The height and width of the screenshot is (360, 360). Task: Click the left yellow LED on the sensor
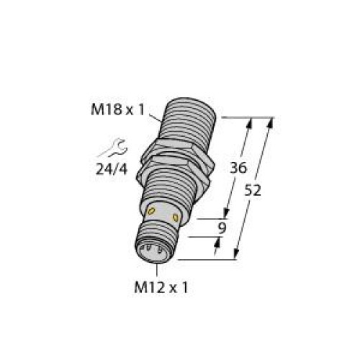(152, 209)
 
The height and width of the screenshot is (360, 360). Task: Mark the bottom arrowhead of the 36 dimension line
(228, 213)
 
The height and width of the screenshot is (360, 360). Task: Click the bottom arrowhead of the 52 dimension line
(237, 255)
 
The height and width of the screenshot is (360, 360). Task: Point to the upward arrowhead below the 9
(219, 242)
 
